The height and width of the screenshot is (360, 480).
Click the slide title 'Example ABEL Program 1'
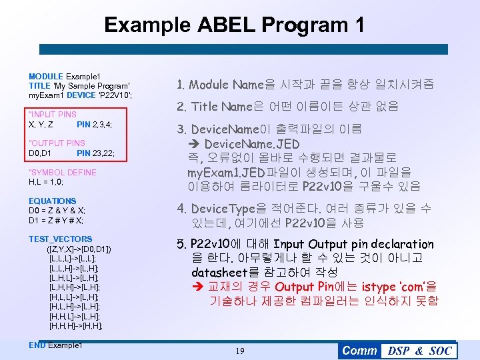point(235,25)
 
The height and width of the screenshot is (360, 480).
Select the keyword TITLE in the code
point(39,86)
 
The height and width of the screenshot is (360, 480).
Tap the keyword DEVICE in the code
point(80,95)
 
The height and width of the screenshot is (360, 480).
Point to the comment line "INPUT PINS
point(53,115)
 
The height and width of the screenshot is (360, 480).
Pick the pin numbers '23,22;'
point(103,153)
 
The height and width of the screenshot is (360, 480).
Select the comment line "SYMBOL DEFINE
point(62,172)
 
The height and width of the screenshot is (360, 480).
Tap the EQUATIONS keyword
point(52,201)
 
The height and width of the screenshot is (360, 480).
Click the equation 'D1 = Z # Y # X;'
point(56,221)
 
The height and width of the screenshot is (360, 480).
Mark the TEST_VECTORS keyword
point(60,239)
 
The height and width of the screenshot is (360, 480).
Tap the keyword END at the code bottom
point(37,345)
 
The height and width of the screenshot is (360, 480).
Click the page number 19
point(239,351)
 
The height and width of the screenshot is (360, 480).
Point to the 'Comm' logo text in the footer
point(359,351)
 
